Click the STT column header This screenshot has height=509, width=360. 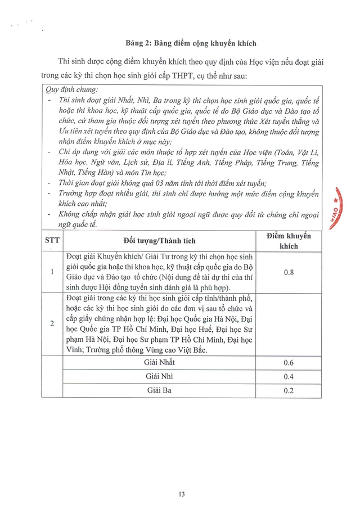(52, 241)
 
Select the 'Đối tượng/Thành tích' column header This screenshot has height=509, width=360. (160, 241)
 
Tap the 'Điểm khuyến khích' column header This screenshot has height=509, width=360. (289, 241)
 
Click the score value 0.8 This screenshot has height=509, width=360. (289, 272)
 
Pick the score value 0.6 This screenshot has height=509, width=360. (289, 363)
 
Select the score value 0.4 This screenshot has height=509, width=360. (289, 377)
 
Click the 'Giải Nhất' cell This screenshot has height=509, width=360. (160, 363)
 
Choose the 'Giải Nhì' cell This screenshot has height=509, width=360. (160, 377)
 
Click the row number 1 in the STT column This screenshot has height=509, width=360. (52, 272)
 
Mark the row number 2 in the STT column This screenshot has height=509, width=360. (52, 324)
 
